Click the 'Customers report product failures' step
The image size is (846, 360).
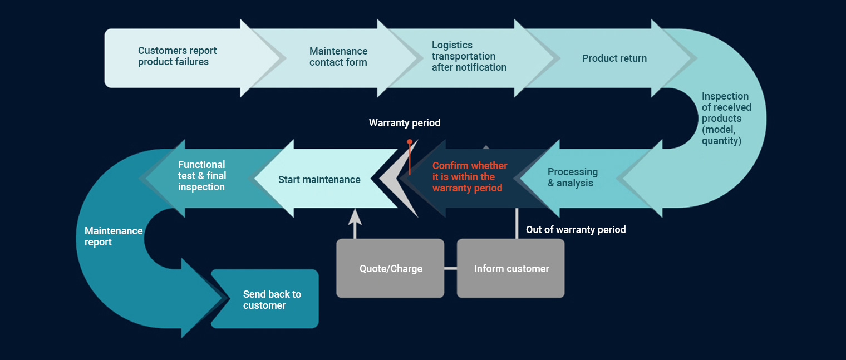point(177,56)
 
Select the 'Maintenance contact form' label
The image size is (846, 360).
point(338,57)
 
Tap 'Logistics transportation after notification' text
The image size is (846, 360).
point(469,56)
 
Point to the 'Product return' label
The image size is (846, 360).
point(614,58)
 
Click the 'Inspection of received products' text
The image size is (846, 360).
point(726,119)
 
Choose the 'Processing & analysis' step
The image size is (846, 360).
point(572,177)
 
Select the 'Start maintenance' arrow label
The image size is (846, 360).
point(319,180)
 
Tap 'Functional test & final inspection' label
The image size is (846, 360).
point(201,176)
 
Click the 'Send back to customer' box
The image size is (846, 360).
point(272,300)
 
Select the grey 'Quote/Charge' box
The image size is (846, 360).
point(390,269)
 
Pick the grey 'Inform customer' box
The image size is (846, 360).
point(511,269)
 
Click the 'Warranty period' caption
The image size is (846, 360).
point(404,123)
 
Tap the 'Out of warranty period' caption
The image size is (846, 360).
point(576,230)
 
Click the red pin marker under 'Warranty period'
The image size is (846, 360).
point(410,143)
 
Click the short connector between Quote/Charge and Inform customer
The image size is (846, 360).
point(450,269)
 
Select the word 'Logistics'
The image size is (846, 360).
point(452,45)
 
